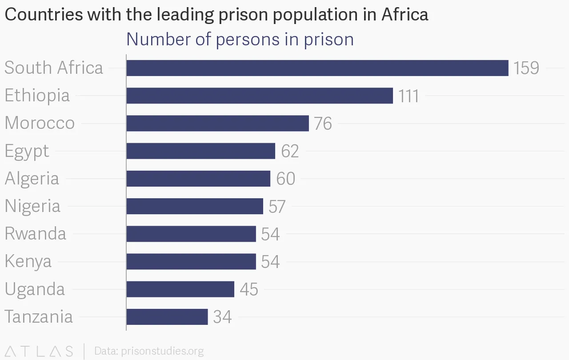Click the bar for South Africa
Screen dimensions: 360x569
[x=317, y=68]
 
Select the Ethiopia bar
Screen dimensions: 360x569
[x=260, y=96]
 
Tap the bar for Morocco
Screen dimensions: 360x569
[x=217, y=123]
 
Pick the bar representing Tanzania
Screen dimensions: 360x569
[x=167, y=317]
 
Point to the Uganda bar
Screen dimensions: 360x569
[x=180, y=289]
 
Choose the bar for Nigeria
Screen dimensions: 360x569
[x=195, y=206]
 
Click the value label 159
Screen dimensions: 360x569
[x=526, y=68]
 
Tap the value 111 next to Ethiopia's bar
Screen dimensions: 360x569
[x=409, y=96]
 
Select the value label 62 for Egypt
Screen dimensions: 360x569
[x=290, y=151]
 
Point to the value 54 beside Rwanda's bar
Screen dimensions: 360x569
[x=270, y=234]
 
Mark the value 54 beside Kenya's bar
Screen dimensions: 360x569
[x=270, y=262]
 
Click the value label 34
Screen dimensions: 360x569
[x=222, y=317]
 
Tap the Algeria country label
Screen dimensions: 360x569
[x=32, y=179]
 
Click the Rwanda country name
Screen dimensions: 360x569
[x=35, y=234]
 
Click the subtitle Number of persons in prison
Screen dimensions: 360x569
[x=240, y=39]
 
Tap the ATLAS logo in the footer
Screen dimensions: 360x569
[x=39, y=351]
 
